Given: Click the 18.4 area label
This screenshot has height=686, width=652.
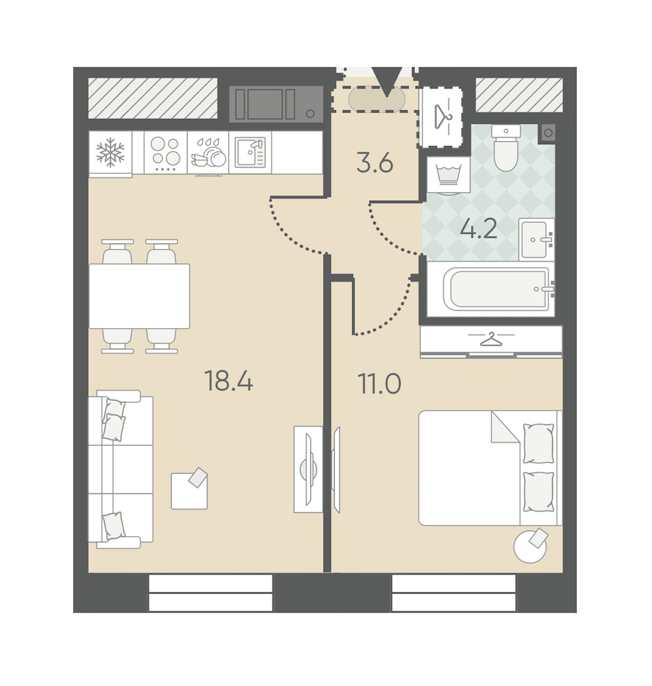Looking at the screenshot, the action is point(228,380).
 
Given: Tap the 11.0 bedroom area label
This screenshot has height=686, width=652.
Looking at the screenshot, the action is point(380,383).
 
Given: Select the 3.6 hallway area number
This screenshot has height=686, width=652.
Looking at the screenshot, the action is point(375,163).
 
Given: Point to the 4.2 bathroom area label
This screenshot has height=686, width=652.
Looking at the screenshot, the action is point(479,228).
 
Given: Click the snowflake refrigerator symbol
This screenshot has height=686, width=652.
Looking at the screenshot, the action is point(110,152).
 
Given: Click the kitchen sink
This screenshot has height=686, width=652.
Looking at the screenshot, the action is point(251,152).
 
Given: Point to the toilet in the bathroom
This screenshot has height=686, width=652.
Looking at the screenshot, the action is point(506,148).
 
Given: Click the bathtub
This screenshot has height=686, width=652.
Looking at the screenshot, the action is point(496,288).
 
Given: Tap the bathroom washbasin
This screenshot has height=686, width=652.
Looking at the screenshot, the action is point(535,239).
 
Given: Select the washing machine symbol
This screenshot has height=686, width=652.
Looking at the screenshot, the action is point(448,175).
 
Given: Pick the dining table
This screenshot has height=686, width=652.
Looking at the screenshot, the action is point(139,296).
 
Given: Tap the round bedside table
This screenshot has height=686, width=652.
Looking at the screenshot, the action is point(530,546).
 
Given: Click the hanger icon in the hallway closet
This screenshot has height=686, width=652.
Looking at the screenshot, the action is point(443,115).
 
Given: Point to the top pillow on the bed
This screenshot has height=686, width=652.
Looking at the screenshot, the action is point(538,443).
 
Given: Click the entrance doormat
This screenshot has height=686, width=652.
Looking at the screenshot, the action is point(376,99).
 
